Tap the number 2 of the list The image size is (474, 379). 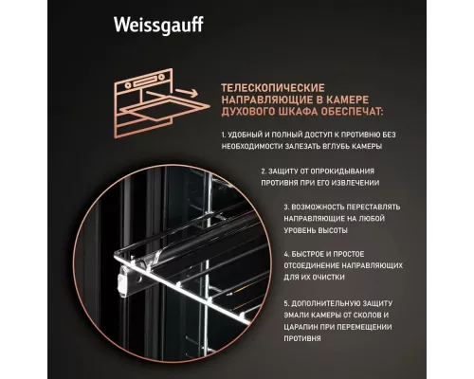pyautogui.click(x=236, y=171)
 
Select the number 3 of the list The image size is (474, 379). pyautogui.click(x=286, y=207)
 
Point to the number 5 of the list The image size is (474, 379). pyautogui.click(x=286, y=303)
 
